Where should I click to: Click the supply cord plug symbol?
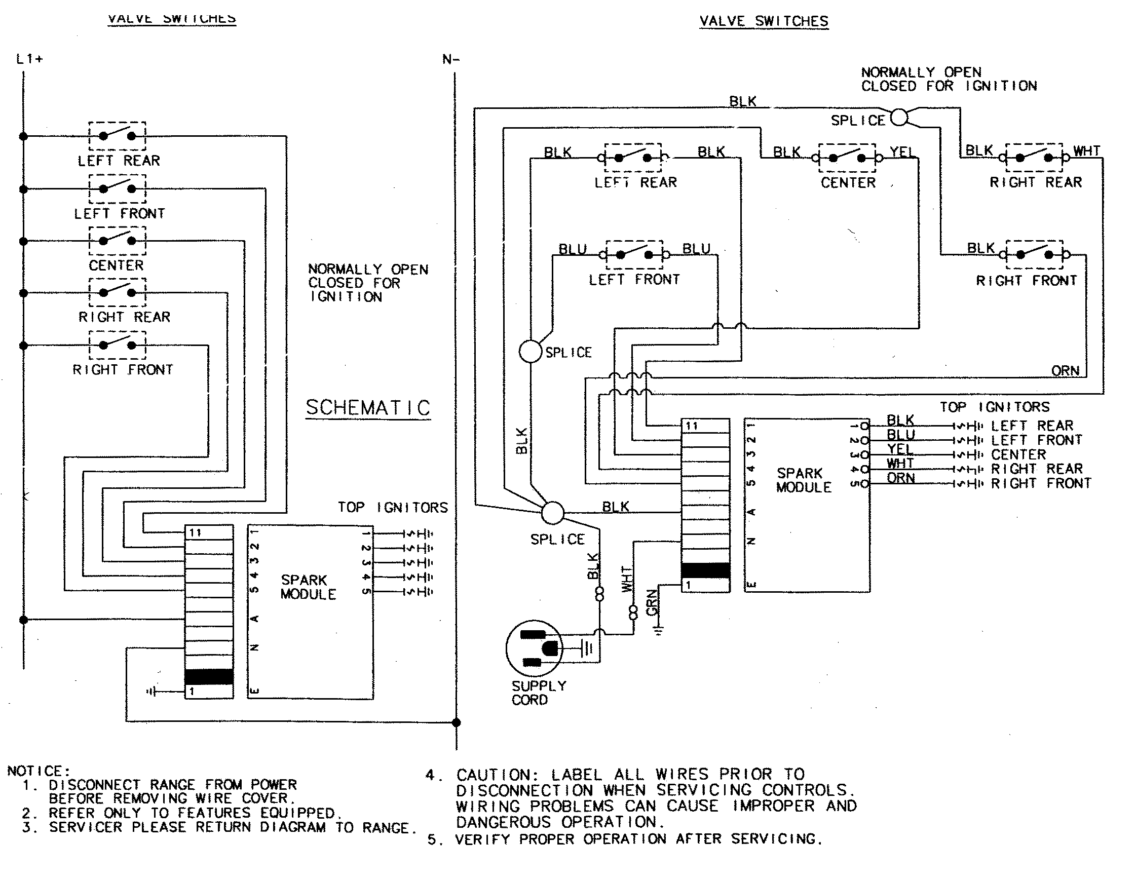click(534, 648)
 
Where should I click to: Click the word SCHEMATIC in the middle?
click(368, 407)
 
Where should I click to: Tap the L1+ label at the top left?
click(29, 59)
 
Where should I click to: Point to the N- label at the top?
click(450, 60)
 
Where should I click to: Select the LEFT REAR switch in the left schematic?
click(118, 136)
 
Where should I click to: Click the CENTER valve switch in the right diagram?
click(847, 158)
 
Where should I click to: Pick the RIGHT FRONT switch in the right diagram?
click(1034, 254)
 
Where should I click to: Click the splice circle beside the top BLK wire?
click(899, 118)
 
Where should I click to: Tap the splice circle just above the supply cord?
click(552, 513)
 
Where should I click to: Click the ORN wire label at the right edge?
click(1065, 371)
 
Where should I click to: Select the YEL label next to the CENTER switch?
click(901, 152)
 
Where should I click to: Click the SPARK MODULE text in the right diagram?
click(803, 480)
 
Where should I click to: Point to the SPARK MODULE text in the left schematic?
click(308, 587)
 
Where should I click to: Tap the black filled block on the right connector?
click(705, 570)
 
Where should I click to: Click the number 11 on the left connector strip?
click(195, 532)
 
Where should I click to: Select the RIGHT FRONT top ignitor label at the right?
click(1040, 483)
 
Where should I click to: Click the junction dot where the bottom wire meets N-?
click(456, 722)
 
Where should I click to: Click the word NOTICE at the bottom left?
click(37, 771)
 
